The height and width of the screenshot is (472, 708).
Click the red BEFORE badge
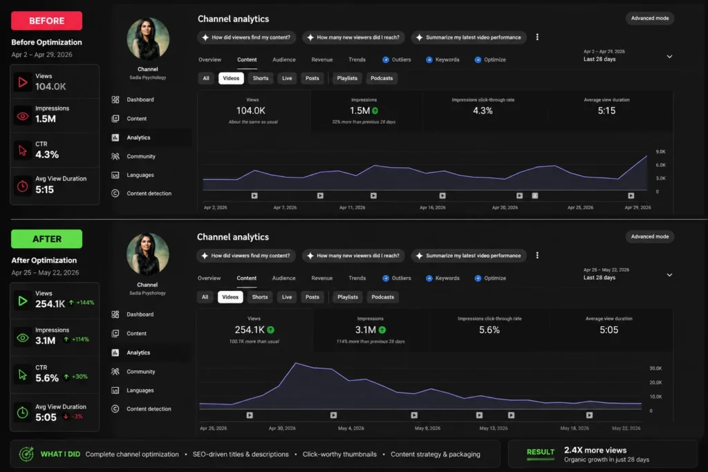pos(46,21)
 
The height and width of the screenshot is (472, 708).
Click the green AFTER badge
pos(46,238)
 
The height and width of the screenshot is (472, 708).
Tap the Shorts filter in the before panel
pos(261,78)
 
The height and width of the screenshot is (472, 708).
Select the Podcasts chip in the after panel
pos(382,297)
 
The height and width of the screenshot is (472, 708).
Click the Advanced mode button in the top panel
pos(650,18)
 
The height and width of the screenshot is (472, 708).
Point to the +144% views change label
pos(85,303)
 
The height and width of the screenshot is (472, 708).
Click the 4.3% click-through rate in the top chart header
pos(483,111)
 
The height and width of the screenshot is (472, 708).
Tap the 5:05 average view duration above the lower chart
pos(608,330)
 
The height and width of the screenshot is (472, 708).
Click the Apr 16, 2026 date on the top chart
pos(433,207)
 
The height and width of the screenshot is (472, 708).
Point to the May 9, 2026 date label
pos(427,428)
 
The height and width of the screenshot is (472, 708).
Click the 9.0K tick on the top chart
pos(660,151)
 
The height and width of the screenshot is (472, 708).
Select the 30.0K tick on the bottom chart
pos(655,368)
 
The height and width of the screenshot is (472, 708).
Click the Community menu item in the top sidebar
pos(141,156)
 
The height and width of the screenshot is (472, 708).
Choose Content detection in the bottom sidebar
pos(149,409)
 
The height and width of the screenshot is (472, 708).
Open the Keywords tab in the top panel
pos(447,59)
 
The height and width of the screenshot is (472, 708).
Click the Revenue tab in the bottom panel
pos(322,278)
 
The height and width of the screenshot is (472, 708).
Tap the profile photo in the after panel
pos(148,254)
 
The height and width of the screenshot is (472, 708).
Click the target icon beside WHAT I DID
pos(26,454)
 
